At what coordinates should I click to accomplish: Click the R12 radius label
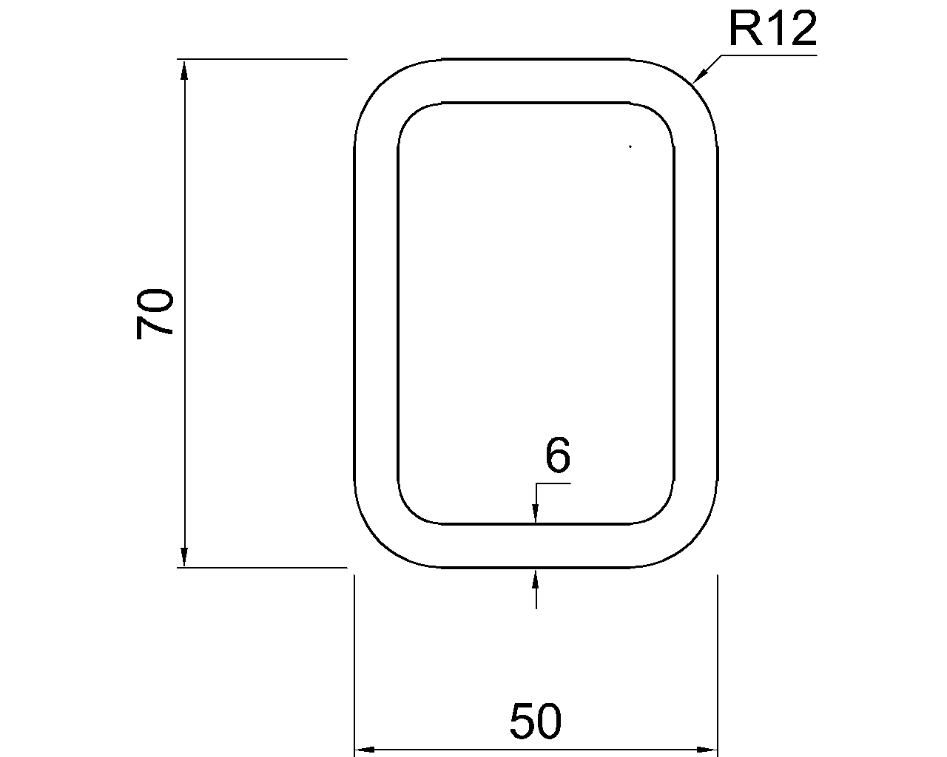pos(772,30)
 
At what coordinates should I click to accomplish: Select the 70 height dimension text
pos(155,313)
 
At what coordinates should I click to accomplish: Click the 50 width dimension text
pos(536,722)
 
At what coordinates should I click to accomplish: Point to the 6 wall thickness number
pos(558,455)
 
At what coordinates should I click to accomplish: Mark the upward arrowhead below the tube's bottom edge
pos(536,578)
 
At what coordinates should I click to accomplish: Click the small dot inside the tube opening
pos(630,147)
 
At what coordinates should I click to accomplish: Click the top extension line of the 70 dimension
pos(263,58)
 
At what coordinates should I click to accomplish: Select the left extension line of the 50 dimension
pos(355,665)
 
